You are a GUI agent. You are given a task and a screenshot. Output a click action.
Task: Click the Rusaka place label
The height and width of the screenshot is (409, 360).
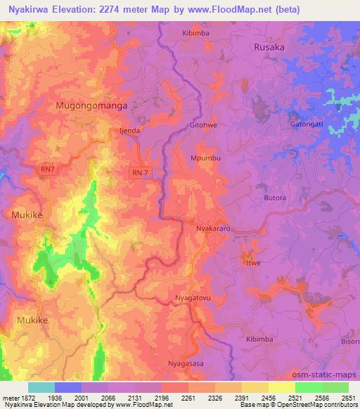(x=269, y=47)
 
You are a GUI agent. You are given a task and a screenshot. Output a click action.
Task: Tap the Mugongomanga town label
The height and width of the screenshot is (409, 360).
(x=85, y=105)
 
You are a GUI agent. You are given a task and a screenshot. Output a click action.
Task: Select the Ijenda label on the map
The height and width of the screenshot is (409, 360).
(x=130, y=130)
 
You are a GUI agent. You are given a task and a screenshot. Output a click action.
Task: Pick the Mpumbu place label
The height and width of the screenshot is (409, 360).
(x=205, y=158)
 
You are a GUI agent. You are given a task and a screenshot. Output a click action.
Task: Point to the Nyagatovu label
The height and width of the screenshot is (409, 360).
(x=193, y=299)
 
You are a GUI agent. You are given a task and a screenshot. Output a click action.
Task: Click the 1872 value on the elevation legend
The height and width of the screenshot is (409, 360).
(x=27, y=397)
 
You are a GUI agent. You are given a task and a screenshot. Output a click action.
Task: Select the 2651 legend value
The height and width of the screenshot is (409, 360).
(x=348, y=397)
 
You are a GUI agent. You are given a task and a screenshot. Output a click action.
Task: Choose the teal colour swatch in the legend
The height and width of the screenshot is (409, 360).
(x=41, y=387)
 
